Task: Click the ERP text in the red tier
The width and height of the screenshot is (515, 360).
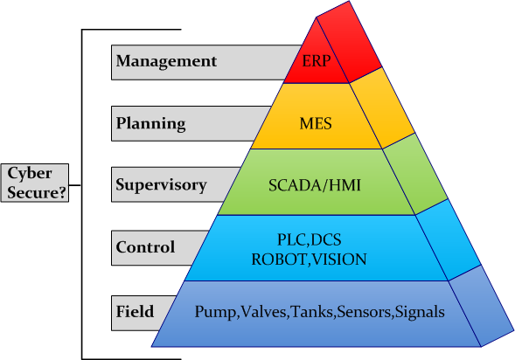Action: [316, 61]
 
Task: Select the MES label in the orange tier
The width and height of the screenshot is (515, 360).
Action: [316, 124]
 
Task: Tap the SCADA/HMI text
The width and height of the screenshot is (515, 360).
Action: [315, 185]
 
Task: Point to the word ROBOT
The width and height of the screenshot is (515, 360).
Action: [279, 260]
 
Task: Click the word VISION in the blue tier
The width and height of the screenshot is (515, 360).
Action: [339, 260]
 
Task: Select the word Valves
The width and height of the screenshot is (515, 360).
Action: [263, 311]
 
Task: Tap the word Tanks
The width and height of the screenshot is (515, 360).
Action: [312, 311]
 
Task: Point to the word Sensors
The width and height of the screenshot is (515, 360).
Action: [364, 311]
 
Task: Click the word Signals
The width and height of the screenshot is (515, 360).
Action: [420, 312]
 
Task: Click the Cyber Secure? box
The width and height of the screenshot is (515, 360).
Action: [35, 183]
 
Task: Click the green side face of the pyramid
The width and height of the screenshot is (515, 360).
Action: [415, 174]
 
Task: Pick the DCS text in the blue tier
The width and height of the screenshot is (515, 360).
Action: [326, 239]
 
